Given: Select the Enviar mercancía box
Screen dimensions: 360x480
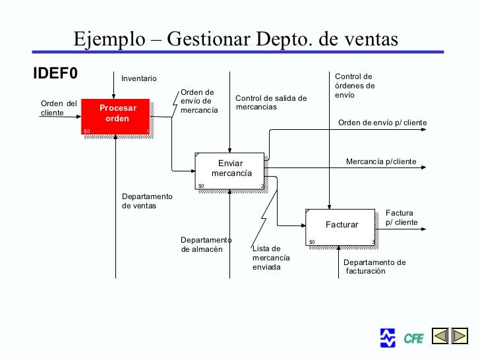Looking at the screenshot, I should pos(230,169).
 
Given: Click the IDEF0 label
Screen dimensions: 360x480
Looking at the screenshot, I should pos(55,73).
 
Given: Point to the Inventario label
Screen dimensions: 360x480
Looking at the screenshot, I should pos(139,79).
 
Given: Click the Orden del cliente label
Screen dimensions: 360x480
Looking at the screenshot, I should pos(59,108).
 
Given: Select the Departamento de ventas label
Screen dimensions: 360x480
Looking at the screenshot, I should pos(147,201).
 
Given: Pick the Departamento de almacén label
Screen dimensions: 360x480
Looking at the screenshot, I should pos(206,245).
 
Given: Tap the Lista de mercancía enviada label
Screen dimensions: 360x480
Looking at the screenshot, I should pos(270,258).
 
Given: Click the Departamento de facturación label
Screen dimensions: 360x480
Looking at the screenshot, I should pos(374,266).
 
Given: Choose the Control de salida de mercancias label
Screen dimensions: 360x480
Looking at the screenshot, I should pos(271,103).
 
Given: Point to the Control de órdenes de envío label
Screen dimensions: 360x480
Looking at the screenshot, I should pos(354,86).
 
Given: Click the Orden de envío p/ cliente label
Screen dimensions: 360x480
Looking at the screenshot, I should pos(382,123).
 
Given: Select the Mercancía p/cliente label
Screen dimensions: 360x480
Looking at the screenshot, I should pos(381,162).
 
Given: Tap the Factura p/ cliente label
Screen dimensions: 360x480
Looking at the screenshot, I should pos(402,218).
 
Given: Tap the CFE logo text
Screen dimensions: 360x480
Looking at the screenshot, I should pos(413,339).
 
